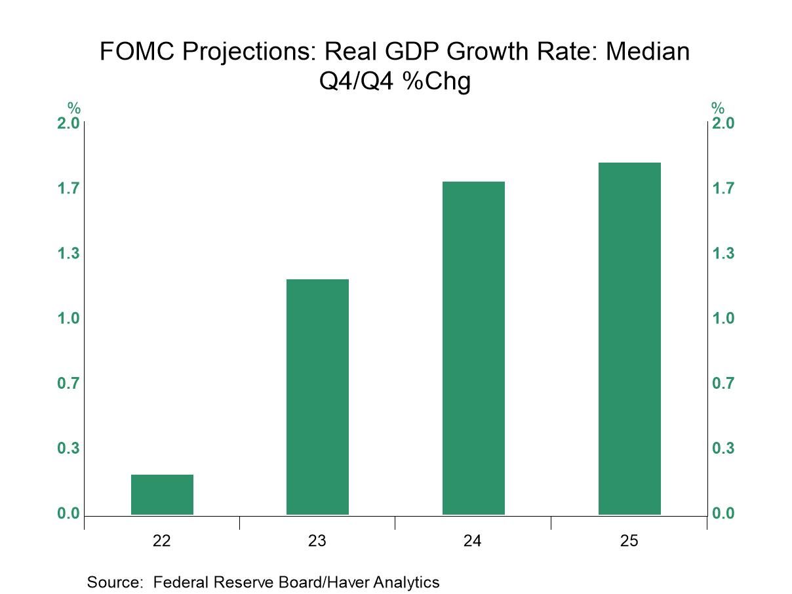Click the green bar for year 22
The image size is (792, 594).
point(162,494)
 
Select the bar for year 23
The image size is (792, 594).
point(317,397)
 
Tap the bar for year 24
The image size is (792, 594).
point(473,347)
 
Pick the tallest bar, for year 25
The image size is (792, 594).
point(629,338)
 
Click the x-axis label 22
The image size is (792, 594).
point(162,541)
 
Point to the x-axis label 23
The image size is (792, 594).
point(317,541)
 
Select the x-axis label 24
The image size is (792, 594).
point(473,541)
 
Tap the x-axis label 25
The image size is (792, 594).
point(629,541)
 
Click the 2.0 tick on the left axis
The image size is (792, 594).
point(68,123)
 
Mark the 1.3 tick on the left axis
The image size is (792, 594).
point(68,254)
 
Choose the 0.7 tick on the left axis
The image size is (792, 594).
point(68,384)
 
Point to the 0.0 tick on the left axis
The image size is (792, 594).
point(68,513)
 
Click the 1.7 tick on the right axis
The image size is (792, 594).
point(724,189)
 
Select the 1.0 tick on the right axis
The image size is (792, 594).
point(724,319)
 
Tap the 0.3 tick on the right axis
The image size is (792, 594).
point(724,448)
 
